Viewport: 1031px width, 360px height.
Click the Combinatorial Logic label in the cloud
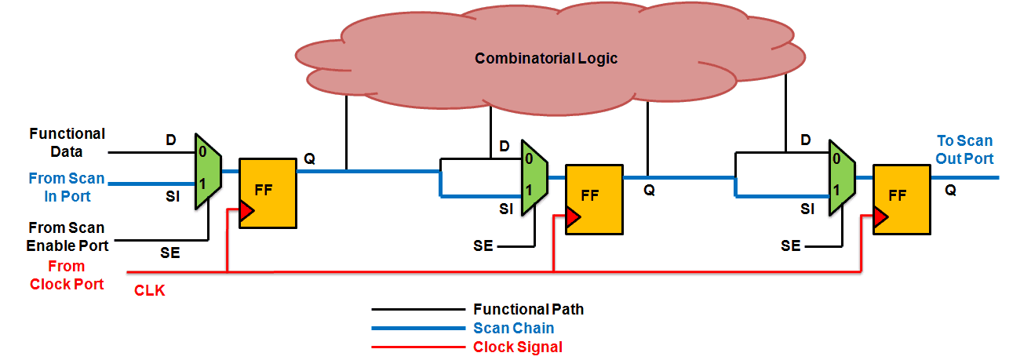point(546,59)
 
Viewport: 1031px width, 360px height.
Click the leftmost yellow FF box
point(268,194)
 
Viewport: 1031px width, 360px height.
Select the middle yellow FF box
point(594,199)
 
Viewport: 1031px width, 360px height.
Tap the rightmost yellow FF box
point(902,199)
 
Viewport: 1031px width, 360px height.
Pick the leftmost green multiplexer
point(209,171)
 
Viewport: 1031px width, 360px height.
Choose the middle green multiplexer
point(534,178)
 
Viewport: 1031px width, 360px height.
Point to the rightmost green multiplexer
point(842,178)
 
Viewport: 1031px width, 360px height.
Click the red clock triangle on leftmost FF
point(246,211)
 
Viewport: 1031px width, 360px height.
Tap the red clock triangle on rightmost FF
point(880,216)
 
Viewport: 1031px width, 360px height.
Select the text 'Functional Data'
point(67,143)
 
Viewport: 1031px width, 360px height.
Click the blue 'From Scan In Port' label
point(67,187)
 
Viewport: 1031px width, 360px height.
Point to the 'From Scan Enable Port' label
point(67,237)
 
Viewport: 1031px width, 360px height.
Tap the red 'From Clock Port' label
point(67,275)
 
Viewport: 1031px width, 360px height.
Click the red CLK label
point(150,290)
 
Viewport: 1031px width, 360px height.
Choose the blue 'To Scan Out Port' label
point(965,150)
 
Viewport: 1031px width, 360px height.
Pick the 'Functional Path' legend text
point(528,309)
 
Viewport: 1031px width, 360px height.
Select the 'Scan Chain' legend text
point(514,328)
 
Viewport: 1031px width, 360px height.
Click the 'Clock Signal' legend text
point(518,347)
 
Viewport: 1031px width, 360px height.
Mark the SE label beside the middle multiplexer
point(483,245)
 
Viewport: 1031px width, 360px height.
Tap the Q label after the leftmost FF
point(309,158)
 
